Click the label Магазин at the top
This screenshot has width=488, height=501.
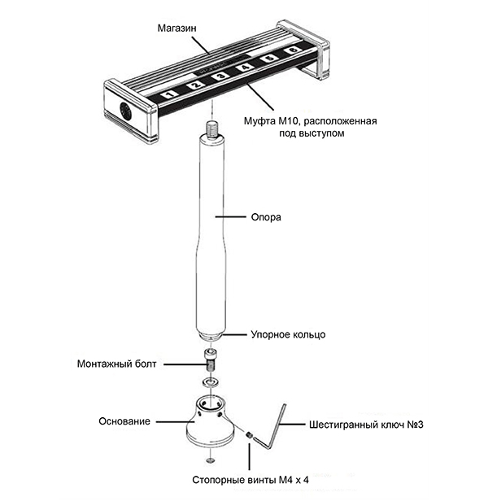178,26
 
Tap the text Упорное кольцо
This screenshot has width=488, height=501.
288,334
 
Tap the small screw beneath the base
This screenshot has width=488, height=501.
210,462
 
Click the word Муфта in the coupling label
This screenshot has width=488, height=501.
259,121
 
